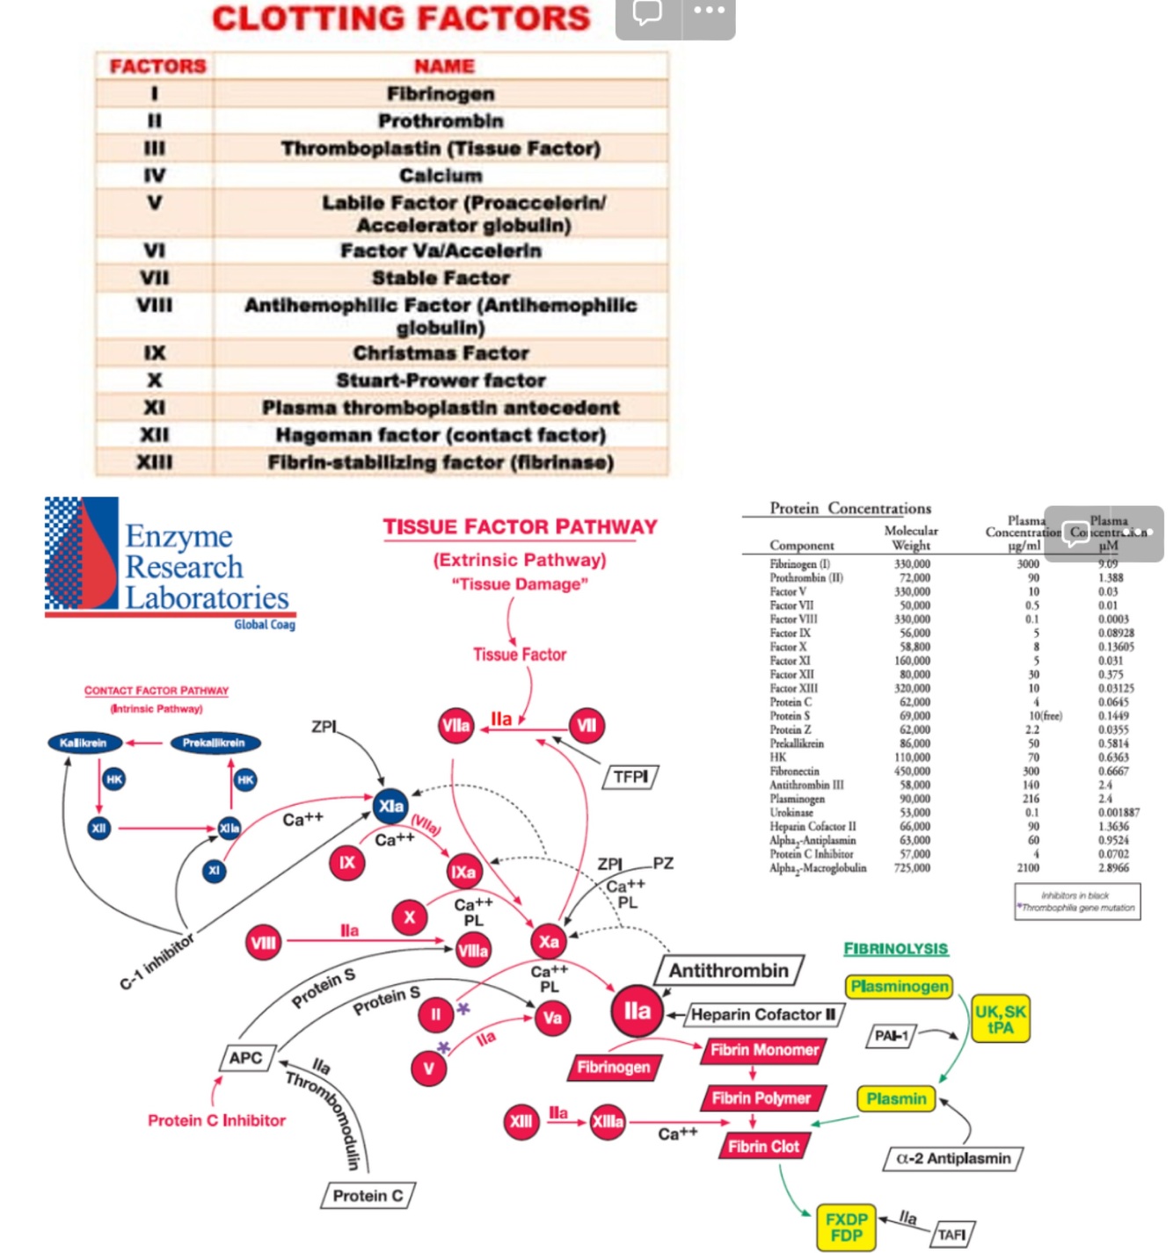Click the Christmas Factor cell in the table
pyautogui.click(x=441, y=353)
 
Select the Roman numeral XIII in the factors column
pyautogui.click(x=155, y=462)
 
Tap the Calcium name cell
pyautogui.click(x=441, y=176)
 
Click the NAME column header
pyautogui.click(x=444, y=66)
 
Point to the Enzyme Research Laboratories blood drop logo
pyautogui.click(x=82, y=554)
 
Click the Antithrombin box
pyautogui.click(x=729, y=971)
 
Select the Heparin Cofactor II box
pyautogui.click(x=763, y=1015)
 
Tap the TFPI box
pyautogui.click(x=630, y=777)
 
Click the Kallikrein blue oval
pyautogui.click(x=84, y=743)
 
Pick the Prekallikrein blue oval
pyautogui.click(x=214, y=743)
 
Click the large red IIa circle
pyautogui.click(x=637, y=1011)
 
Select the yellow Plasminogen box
pyautogui.click(x=900, y=987)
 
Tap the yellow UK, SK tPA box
pyautogui.click(x=1000, y=1019)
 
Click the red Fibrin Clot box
pyautogui.click(x=763, y=1147)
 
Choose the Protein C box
pyautogui.click(x=368, y=1196)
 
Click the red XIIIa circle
pyautogui.click(x=608, y=1122)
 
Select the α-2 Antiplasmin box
pyautogui.click(x=952, y=1159)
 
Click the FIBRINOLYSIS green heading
pyautogui.click(x=895, y=949)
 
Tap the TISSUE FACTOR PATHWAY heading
pyautogui.click(x=520, y=527)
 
